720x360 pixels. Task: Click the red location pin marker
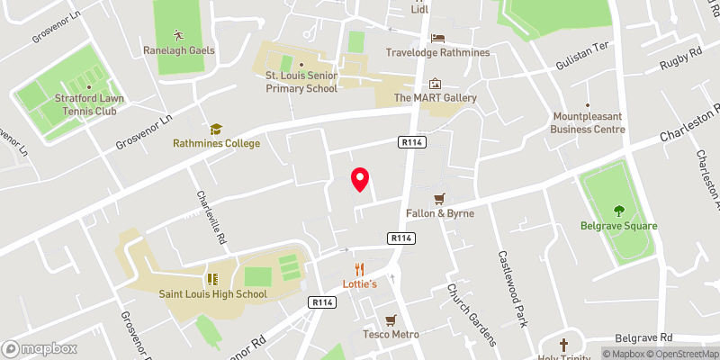click(360, 179)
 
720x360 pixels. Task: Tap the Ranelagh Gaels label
click(178, 50)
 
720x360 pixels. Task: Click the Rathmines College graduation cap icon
click(216, 130)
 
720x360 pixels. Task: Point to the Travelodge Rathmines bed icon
click(437, 38)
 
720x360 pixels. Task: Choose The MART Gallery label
click(435, 97)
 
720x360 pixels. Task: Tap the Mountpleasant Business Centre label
click(588, 123)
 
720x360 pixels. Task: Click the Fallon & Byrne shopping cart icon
click(439, 199)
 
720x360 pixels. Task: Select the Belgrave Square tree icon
click(619, 211)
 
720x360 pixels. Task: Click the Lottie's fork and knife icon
click(359, 268)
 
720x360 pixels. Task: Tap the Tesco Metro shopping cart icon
click(391, 320)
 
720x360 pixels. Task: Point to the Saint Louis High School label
click(212, 293)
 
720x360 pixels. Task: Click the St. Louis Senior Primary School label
click(301, 82)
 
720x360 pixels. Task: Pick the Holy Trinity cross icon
click(564, 344)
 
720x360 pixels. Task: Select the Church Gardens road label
click(472, 315)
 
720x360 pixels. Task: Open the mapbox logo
click(40, 348)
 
